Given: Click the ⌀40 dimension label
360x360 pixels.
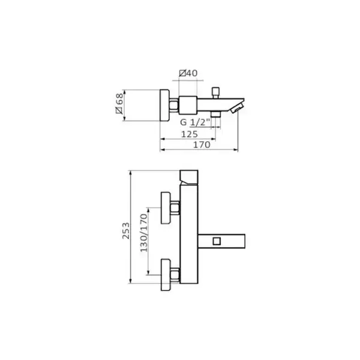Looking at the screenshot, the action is [188, 73].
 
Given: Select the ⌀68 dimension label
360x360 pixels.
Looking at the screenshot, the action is [119, 103].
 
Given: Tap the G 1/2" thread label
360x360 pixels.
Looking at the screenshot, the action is [195, 122].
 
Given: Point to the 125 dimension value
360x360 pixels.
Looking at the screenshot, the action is [190, 134].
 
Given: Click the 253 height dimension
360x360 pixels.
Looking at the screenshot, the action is [126, 231].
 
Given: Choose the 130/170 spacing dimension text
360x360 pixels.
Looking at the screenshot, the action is [144, 233].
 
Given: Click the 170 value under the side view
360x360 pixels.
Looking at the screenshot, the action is [202, 145].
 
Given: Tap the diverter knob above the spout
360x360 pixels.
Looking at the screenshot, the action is [215, 92].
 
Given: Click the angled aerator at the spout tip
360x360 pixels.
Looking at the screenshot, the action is [237, 108].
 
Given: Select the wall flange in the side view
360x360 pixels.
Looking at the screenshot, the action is [164, 105].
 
